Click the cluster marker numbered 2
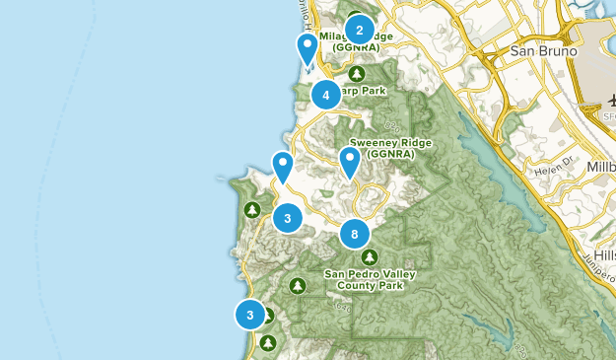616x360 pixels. click(360, 30)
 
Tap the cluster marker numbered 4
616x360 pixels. click(325, 95)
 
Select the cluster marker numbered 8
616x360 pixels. click(354, 234)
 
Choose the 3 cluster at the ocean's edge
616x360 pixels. click(250, 315)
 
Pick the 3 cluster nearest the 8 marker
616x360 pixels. click(287, 218)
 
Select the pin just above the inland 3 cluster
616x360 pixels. click(283, 168)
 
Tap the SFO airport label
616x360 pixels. click(603, 115)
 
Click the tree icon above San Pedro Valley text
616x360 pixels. click(369, 256)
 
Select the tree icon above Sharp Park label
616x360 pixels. click(357, 74)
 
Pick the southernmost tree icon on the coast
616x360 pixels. click(268, 342)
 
